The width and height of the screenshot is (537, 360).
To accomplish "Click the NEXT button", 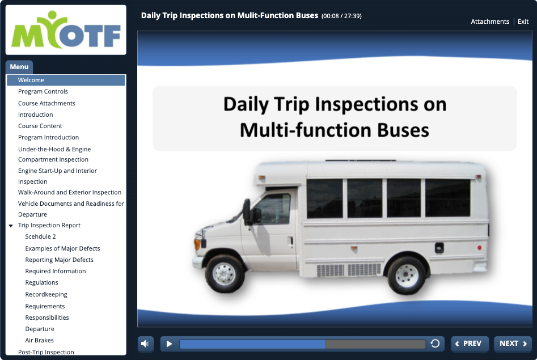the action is (513, 344).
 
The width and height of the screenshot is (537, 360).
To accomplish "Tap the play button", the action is (169, 344).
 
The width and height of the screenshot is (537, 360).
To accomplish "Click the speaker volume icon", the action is (145, 344).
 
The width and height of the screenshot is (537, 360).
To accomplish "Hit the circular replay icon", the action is (435, 343).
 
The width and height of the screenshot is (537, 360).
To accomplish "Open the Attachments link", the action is (490, 22).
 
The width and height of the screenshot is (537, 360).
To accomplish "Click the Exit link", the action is (523, 22).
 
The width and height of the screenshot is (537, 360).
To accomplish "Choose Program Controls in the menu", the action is (43, 91).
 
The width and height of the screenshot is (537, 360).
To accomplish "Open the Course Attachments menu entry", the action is (46, 103).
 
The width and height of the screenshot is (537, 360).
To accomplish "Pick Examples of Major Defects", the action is (62, 248).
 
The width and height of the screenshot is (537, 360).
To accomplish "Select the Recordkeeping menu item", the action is (46, 294).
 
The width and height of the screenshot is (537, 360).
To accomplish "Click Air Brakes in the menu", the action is (39, 340).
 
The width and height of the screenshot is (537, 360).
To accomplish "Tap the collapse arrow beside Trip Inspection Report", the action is (11, 226).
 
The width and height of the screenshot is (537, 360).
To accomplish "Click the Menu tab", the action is (19, 67).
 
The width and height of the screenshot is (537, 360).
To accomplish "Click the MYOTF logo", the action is (66, 30).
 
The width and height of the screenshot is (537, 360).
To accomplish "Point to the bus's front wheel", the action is (225, 274).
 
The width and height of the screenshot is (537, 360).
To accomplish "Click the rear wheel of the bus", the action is (407, 276).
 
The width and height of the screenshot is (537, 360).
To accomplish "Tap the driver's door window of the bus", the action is (273, 209).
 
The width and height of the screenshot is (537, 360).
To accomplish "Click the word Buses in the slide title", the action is (403, 130).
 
